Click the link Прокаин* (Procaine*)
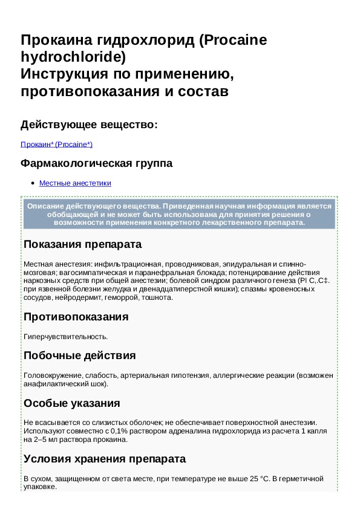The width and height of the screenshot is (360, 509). [56, 144]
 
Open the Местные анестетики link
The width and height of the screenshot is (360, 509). [75, 183]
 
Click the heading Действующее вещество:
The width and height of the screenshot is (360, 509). [89, 125]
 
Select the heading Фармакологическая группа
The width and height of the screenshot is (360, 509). [96, 164]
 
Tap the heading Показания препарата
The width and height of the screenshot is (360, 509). [82, 244]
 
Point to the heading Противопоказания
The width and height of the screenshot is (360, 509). [76, 317]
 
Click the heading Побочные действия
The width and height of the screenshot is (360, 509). [79, 355]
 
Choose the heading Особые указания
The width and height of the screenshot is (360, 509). [71, 403]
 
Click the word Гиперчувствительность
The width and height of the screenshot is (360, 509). [65, 336]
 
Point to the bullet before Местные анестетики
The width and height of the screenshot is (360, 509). [32, 183]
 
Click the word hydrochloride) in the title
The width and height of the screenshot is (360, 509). [73, 58]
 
